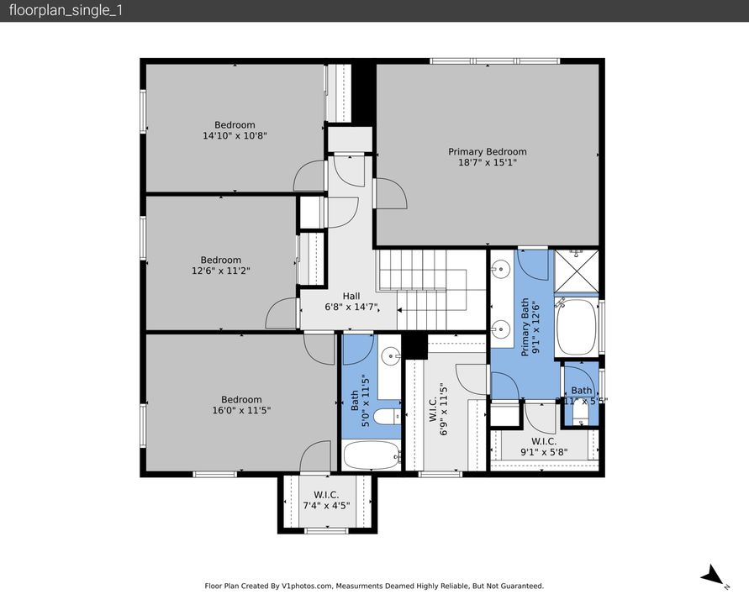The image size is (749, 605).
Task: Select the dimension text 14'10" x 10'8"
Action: pyautogui.click(x=235, y=135)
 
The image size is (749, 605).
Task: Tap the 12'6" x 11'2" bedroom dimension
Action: pyautogui.click(x=220, y=271)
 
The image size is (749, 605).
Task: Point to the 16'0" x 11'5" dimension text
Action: pyautogui.click(x=241, y=410)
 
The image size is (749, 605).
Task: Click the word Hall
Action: pyautogui.click(x=351, y=296)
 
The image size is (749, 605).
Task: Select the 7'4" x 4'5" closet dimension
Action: pyautogui.click(x=326, y=505)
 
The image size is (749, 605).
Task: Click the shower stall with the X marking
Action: pyautogui.click(x=576, y=270)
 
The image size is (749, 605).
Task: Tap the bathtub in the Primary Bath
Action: pyautogui.click(x=576, y=327)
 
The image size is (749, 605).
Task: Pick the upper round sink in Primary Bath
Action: pyautogui.click(x=501, y=270)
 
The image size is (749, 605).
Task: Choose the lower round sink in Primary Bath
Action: pyautogui.click(x=501, y=329)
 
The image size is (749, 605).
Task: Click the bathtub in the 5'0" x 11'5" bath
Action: pyautogui.click(x=372, y=456)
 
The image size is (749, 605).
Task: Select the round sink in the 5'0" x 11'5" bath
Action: pyautogui.click(x=391, y=357)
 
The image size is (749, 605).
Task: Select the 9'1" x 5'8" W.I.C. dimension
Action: pyautogui.click(x=544, y=451)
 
